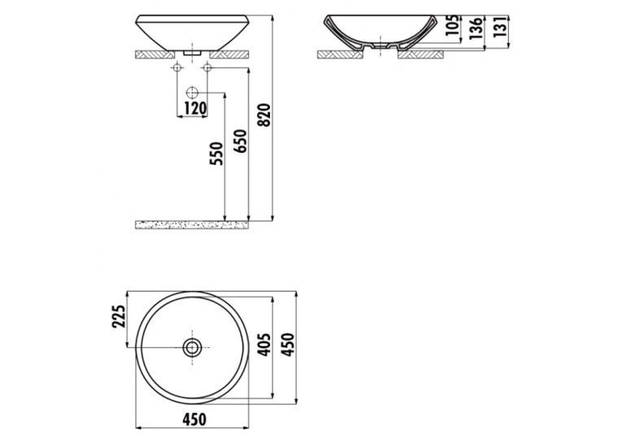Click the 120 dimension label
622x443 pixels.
194,108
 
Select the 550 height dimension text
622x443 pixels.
217,154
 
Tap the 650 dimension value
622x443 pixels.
241,141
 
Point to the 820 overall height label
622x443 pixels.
264,115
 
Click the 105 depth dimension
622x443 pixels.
453,25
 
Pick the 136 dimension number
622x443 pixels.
476,28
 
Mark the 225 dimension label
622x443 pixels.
119,316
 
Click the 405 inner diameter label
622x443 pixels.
264,345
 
